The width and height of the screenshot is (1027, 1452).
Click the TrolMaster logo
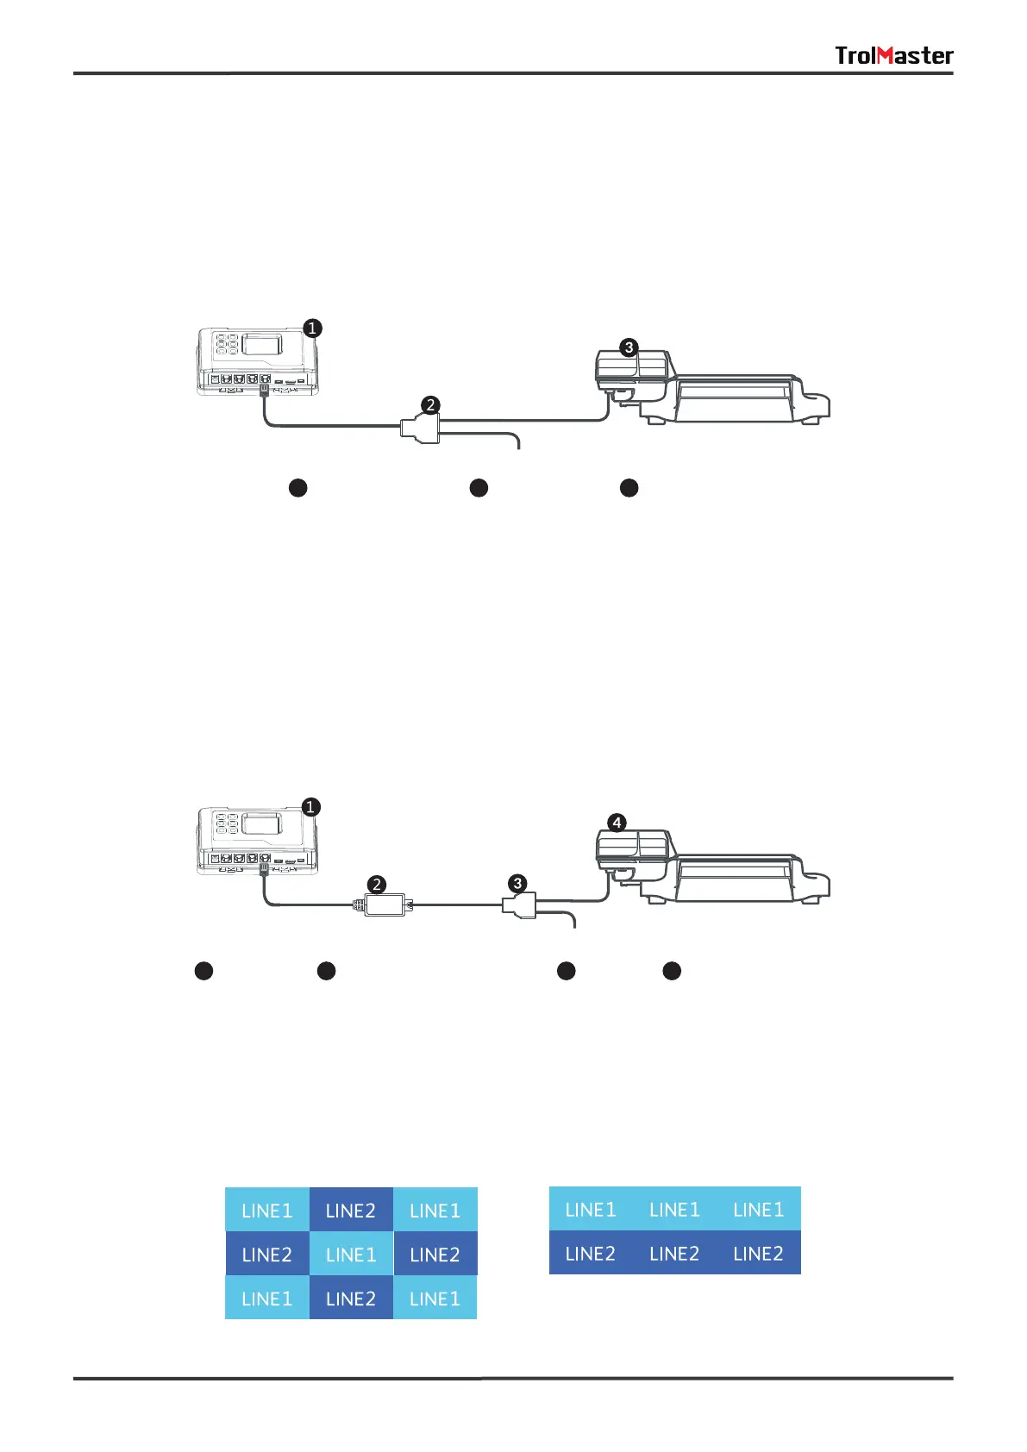click(893, 56)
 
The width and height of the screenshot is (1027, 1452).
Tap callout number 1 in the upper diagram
click(313, 328)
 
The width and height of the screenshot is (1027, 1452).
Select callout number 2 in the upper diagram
click(430, 404)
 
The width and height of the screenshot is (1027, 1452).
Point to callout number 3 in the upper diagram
click(629, 347)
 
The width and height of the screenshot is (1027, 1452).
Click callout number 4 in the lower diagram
click(617, 823)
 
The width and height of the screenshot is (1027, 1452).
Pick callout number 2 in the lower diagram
click(376, 884)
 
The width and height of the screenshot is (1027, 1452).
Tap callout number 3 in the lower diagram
click(517, 883)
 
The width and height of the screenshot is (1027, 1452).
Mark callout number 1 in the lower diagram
click(311, 807)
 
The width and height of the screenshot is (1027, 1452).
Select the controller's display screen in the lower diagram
click(261, 823)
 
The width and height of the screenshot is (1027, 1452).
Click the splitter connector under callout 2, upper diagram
click(421, 428)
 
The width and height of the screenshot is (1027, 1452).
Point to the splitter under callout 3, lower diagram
click(519, 905)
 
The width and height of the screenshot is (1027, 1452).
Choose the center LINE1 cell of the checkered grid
click(351, 1255)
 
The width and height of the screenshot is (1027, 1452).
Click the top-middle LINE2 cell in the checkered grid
click(351, 1211)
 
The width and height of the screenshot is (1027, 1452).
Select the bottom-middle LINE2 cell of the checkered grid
click(351, 1299)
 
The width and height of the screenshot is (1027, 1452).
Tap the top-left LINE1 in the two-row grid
click(591, 1210)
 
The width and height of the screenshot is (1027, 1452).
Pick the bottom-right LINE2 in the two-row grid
click(759, 1254)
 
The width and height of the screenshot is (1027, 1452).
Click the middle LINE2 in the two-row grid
click(674, 1254)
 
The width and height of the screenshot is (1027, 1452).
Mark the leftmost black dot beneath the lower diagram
click(204, 971)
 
